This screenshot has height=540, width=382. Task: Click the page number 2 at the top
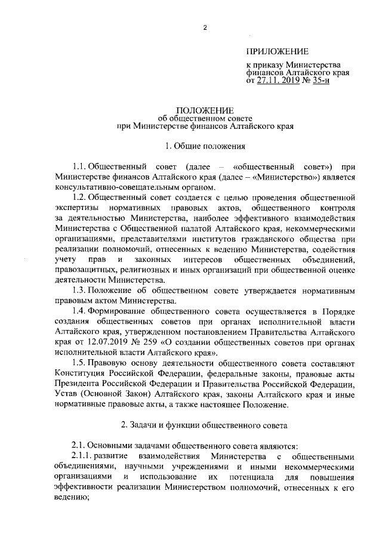point(204,28)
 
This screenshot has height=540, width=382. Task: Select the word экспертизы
point(75,207)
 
